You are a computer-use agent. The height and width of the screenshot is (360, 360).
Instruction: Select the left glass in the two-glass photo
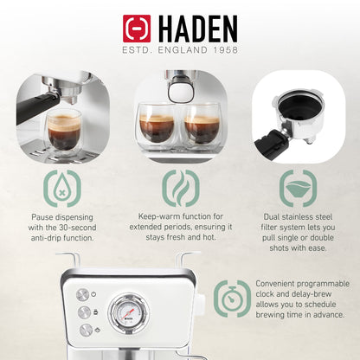(x=157, y=127)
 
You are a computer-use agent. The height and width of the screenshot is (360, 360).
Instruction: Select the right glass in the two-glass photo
(x=202, y=127)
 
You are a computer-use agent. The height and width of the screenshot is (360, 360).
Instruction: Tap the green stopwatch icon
(x=232, y=298)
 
